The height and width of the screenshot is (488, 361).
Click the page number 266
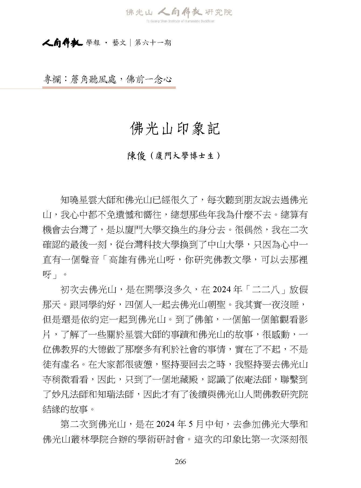click(x=180, y=461)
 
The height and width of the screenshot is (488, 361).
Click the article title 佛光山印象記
click(x=175, y=129)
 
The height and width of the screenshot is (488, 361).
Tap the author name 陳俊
click(x=136, y=156)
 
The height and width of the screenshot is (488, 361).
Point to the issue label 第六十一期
click(x=153, y=43)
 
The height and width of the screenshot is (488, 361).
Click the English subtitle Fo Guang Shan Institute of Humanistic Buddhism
click(x=180, y=21)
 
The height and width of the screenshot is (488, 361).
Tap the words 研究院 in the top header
click(x=218, y=12)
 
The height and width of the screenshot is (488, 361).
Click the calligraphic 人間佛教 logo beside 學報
click(x=62, y=43)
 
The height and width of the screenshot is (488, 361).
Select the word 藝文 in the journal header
click(x=119, y=43)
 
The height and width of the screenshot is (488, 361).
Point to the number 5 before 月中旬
click(x=191, y=425)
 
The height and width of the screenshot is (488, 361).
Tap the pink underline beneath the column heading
click(x=109, y=88)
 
